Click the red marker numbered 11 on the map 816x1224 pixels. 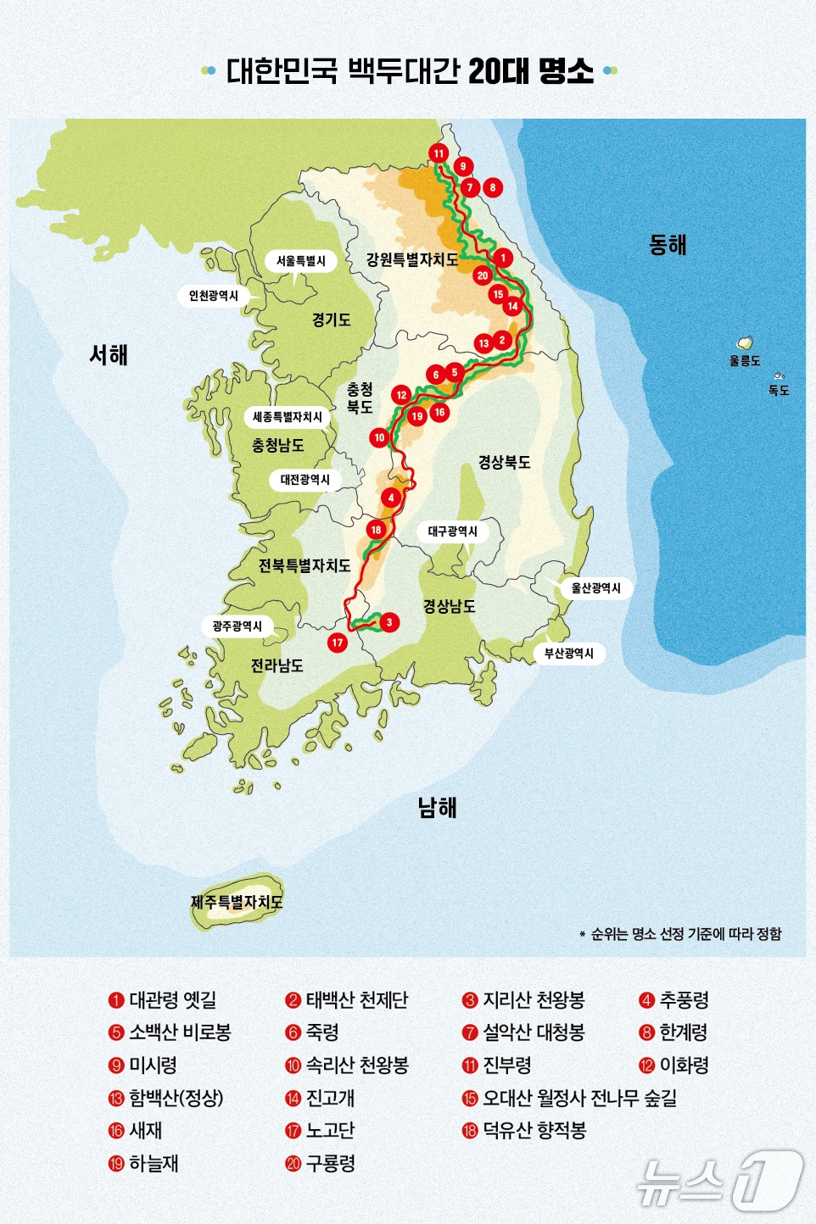438,153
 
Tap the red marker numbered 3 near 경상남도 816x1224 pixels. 389,622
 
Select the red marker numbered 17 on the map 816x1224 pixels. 338,643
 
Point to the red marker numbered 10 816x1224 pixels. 379,437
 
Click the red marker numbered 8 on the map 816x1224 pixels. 492,187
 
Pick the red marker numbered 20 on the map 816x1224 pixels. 483,275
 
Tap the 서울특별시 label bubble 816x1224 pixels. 301,261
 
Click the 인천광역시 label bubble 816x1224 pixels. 214,296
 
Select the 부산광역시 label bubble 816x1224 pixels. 569,654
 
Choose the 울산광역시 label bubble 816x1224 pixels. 595,588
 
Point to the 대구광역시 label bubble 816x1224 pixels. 453,531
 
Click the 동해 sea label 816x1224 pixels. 668,245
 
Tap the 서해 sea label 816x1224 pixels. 109,354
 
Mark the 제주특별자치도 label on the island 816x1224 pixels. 237,902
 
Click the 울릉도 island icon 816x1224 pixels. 745,342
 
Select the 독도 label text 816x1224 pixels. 779,391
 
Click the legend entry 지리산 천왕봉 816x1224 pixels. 533,1000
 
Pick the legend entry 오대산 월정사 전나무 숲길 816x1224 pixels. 579,1099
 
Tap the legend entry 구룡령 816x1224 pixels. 330,1164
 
